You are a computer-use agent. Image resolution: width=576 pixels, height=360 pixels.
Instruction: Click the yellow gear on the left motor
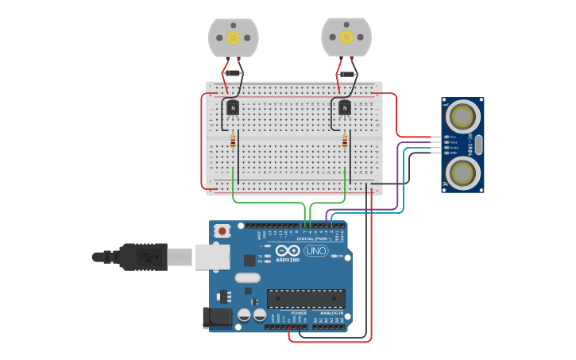point(234,37)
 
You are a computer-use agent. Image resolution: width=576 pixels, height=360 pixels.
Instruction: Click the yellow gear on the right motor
point(346,37)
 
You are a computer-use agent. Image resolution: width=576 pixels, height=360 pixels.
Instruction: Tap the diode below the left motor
point(233,73)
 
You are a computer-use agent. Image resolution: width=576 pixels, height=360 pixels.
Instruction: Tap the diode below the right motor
point(346,74)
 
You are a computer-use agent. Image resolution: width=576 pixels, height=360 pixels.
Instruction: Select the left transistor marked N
point(233,107)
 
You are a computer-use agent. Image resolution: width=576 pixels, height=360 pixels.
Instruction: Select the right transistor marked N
point(345,107)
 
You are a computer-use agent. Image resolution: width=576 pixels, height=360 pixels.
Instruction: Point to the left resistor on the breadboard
point(233,141)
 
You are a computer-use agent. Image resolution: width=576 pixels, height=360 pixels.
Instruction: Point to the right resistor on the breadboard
point(345,141)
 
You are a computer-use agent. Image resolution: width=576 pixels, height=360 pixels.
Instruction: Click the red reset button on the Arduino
point(223,231)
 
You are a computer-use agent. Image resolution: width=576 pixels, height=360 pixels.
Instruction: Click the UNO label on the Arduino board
point(315,251)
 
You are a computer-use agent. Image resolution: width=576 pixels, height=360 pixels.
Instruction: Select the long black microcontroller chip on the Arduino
point(306,299)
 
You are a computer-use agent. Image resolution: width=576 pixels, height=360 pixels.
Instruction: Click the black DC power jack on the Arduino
point(218,318)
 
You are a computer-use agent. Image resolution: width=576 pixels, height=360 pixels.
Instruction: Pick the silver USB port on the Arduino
point(212,257)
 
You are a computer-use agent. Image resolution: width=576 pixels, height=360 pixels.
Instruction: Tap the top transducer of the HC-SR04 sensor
point(462,118)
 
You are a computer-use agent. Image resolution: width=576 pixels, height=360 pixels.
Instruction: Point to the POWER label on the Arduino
point(299,313)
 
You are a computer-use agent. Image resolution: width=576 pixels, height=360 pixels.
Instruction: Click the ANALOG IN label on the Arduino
point(331,313)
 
